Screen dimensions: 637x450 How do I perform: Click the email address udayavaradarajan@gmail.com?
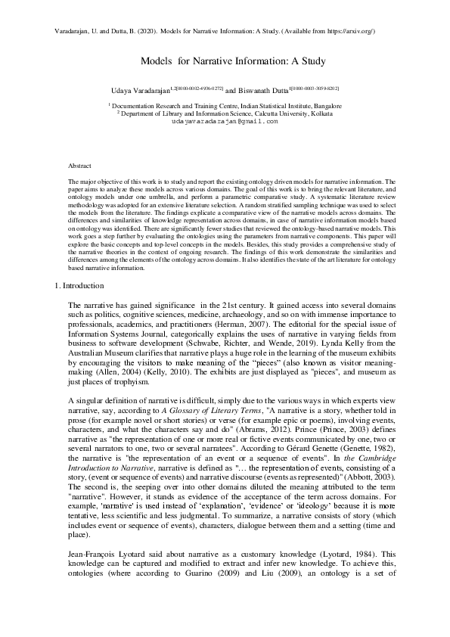pos(225,121)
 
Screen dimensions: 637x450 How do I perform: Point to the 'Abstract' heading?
pos(79,164)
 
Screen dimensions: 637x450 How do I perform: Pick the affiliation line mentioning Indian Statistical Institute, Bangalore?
pos(225,107)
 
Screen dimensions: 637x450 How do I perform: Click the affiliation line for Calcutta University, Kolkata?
pos(225,113)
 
